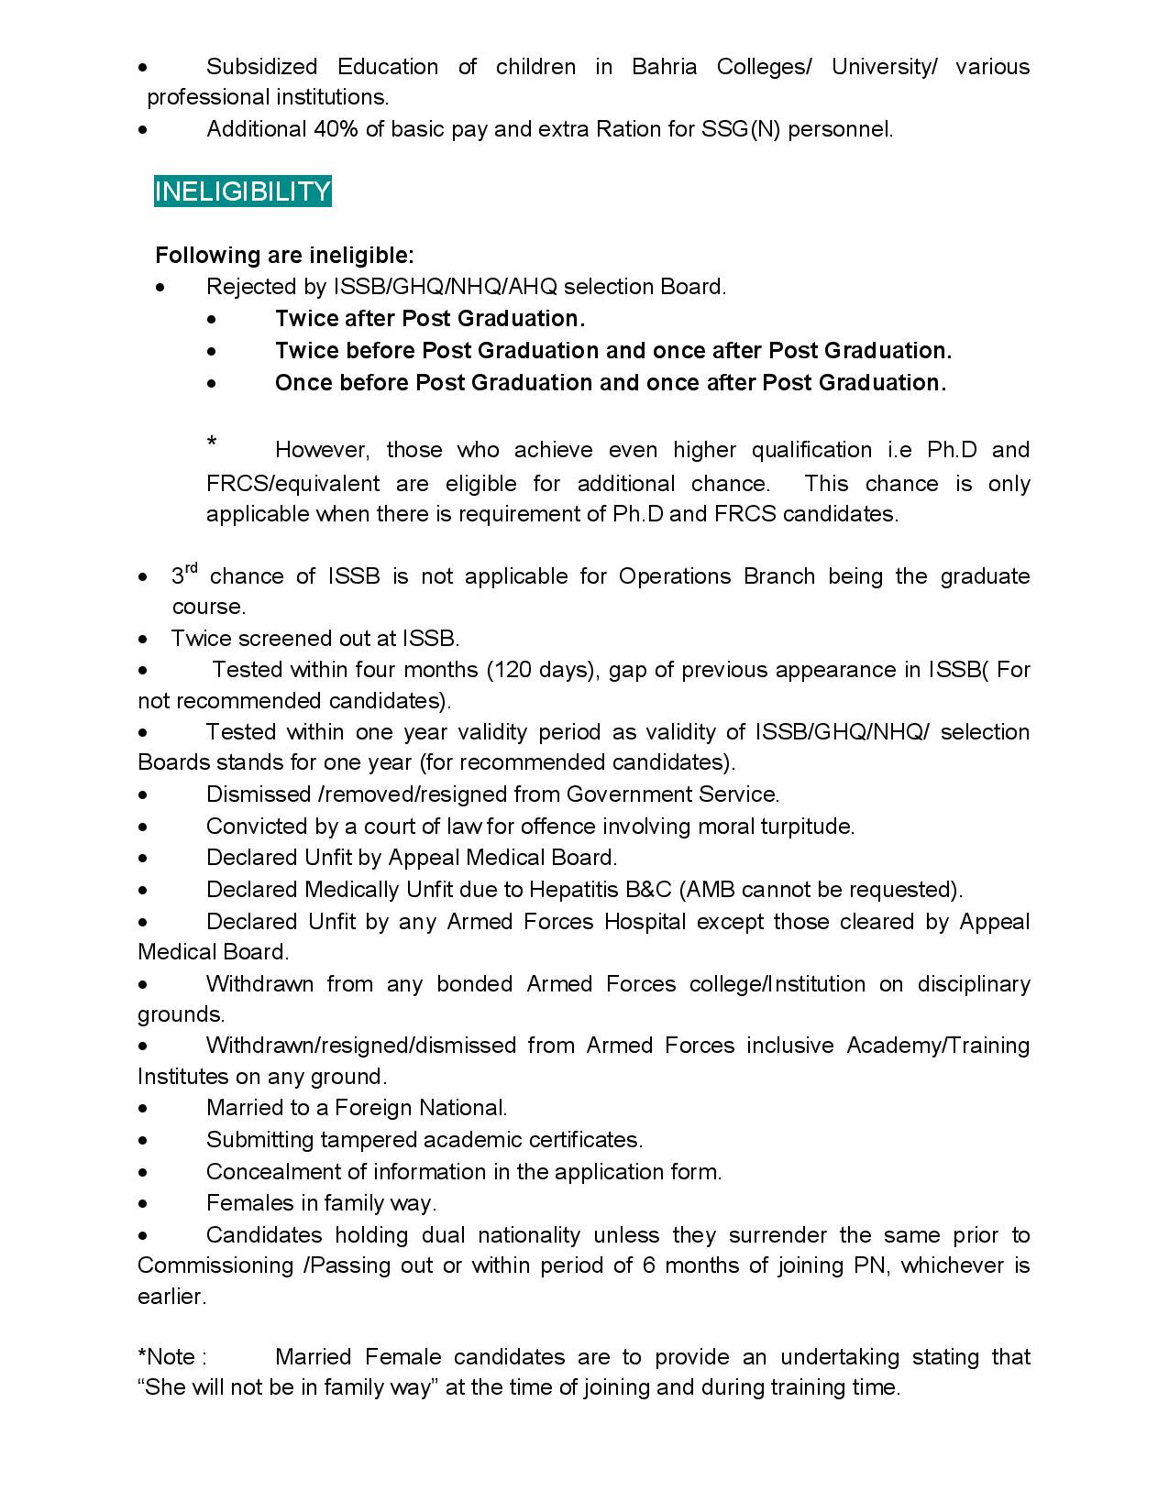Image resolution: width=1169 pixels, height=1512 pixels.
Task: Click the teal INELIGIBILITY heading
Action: [x=242, y=192]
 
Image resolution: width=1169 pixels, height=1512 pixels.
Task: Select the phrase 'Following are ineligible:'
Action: [x=284, y=255]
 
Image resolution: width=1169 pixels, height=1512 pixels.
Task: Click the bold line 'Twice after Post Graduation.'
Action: [x=429, y=319]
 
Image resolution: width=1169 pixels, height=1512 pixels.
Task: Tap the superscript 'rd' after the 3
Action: [x=192, y=568]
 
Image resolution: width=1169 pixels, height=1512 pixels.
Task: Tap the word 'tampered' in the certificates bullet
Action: [x=374, y=1140]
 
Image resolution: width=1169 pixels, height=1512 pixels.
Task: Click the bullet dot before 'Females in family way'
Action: [x=143, y=1203]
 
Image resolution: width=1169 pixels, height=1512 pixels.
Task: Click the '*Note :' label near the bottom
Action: [x=171, y=1357]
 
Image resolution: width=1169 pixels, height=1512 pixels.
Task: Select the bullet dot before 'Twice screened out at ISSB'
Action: [x=143, y=639]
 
